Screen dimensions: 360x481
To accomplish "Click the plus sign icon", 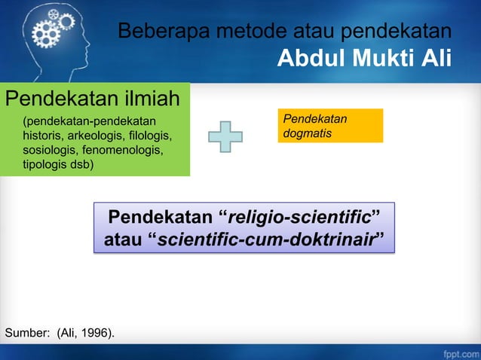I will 226,136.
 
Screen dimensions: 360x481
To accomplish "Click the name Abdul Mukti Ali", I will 364,58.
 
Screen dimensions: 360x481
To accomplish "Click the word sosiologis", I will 50,151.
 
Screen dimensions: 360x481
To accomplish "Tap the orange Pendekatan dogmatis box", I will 330,126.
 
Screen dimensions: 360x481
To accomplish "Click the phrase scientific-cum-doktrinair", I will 267,241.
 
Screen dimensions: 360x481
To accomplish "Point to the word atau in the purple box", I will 124,241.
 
